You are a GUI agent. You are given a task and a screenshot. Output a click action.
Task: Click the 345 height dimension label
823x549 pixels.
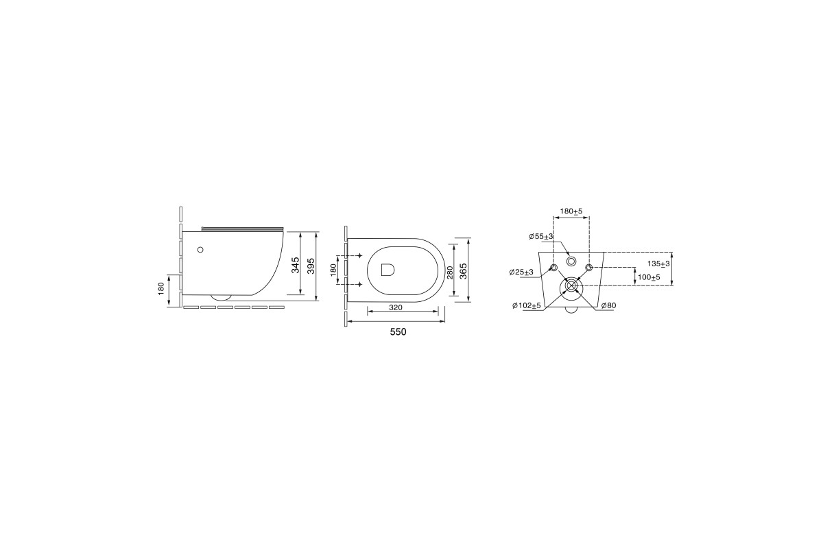coord(296,265)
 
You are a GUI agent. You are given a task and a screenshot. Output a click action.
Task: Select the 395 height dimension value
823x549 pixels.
coord(311,265)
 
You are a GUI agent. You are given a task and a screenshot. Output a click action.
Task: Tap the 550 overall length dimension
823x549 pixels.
coord(398,332)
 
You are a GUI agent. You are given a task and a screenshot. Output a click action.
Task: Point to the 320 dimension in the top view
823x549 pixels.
coord(395,307)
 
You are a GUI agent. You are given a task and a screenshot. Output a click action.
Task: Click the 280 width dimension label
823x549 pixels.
coord(451,272)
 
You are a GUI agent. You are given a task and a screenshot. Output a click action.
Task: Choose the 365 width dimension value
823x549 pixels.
coord(464,271)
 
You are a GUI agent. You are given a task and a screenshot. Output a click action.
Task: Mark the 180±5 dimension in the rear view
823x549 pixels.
coord(571,211)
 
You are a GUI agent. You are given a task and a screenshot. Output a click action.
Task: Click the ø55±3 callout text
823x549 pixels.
coord(541,237)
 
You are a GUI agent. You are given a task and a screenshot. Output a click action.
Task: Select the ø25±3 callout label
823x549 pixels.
coord(521,272)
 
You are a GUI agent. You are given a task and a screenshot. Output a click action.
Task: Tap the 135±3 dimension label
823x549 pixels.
coord(658,264)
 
